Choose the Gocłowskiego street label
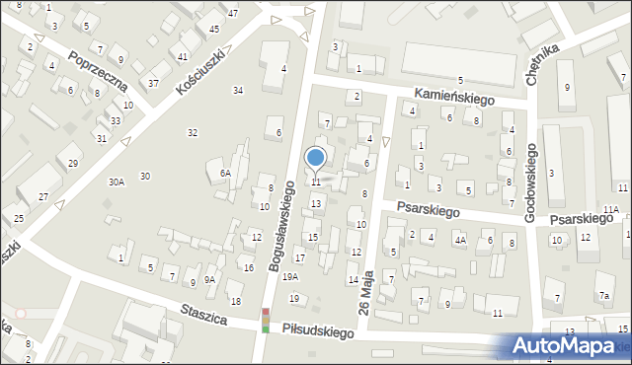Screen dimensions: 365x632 (x=531, y=182)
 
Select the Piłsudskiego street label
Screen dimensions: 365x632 (x=316, y=333)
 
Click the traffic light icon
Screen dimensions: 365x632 (x=265, y=321)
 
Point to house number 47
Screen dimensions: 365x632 (x=232, y=13)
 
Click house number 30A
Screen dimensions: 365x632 (x=117, y=182)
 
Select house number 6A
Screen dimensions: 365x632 (x=225, y=173)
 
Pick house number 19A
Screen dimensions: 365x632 (x=289, y=277)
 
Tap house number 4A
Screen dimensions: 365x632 (x=459, y=240)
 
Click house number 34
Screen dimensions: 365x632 (x=238, y=90)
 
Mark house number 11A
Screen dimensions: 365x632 (x=611, y=209)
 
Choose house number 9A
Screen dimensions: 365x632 (x=209, y=280)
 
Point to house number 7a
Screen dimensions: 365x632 (x=602, y=296)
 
